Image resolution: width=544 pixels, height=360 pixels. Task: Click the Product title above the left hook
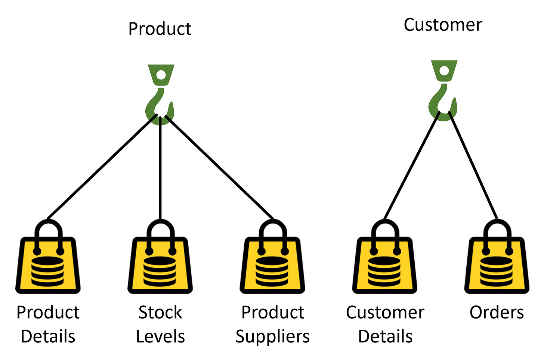tap(160, 29)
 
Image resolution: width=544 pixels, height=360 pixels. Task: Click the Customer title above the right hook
tap(443, 25)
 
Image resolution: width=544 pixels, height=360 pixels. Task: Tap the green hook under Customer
tap(444, 90)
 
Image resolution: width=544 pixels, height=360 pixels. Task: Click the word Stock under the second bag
tap(160, 313)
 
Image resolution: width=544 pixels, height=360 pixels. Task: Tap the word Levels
tap(160, 336)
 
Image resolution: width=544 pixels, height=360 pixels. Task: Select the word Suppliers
tap(272, 336)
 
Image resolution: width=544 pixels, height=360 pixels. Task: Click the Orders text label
tap(497, 313)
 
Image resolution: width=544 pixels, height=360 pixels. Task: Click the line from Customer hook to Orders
tap(473, 165)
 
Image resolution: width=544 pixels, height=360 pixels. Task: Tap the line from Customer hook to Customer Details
tap(412, 165)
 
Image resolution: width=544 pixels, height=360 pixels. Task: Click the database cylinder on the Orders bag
tap(497, 271)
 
